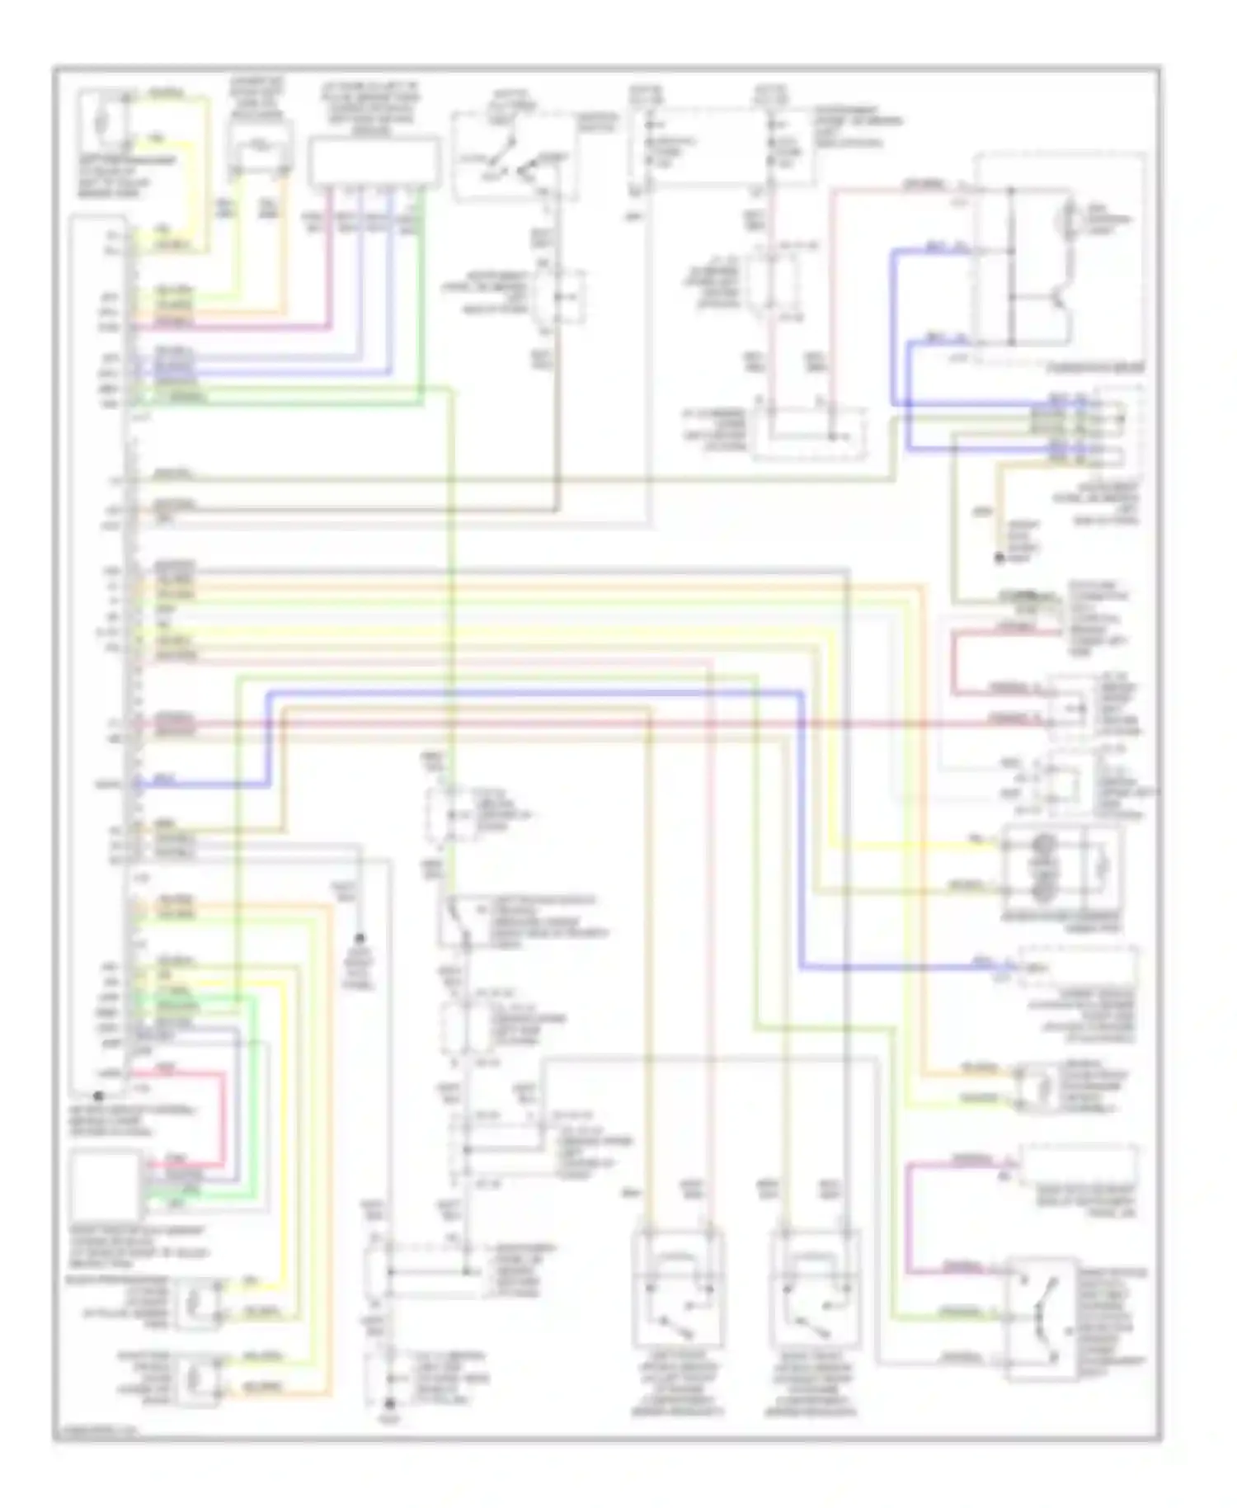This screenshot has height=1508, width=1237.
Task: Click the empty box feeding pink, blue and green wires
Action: (374, 162)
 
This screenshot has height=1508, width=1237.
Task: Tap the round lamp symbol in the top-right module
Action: (1072, 219)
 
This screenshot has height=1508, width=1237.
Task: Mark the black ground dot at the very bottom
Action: (392, 1402)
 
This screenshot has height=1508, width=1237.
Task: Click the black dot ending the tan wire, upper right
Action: (999, 559)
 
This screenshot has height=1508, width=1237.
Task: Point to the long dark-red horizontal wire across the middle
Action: (577, 723)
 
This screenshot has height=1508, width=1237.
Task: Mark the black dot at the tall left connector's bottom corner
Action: (98, 1096)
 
